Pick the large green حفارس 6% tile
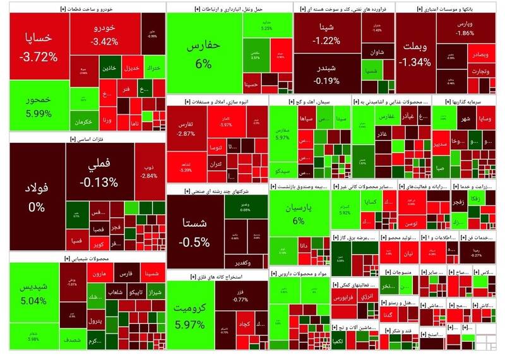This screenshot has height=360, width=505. pos(204,55)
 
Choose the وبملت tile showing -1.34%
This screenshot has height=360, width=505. pos(415,55)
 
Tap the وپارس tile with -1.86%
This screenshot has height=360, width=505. pos(465,28)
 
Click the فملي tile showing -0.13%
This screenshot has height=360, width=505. pos(102,174)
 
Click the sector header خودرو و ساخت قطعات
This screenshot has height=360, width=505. pos(86,9)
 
